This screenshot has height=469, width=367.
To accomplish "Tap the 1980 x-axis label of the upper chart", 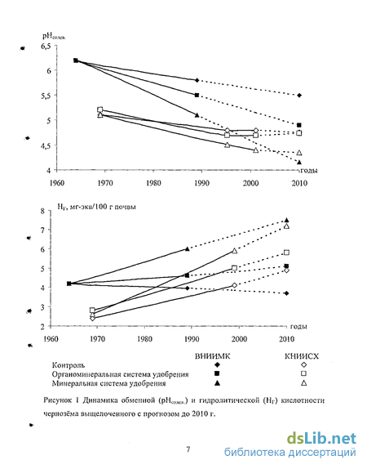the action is (153, 183).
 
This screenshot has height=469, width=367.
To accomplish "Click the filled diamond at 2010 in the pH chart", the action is (299, 96).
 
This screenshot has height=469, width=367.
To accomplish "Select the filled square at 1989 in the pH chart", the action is (197, 95).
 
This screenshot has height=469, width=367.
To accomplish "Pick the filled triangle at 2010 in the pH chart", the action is (299, 162).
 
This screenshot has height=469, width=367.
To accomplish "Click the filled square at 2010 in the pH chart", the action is (299, 125).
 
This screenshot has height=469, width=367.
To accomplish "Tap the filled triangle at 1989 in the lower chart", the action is (188, 248).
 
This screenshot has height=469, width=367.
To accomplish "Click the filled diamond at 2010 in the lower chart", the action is (287, 293).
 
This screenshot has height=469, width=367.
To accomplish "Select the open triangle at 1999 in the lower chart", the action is (235, 251).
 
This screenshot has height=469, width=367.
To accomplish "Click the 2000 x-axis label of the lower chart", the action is (240, 339).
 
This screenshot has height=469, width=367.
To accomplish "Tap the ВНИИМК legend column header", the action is (212, 356).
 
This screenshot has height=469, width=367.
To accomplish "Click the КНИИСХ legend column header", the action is (302, 356).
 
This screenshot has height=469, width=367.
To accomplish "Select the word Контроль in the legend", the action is (69, 365).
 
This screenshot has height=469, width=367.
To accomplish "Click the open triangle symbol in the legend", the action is (304, 383).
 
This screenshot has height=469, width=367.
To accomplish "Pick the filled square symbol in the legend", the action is (217, 373).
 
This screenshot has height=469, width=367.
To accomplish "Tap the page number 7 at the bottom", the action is (188, 449).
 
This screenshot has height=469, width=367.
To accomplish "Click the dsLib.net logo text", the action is (321, 439).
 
